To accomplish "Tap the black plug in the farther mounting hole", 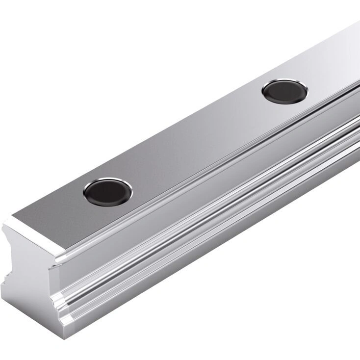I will (x=284, y=91).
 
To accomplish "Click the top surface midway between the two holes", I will (x=196, y=142).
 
